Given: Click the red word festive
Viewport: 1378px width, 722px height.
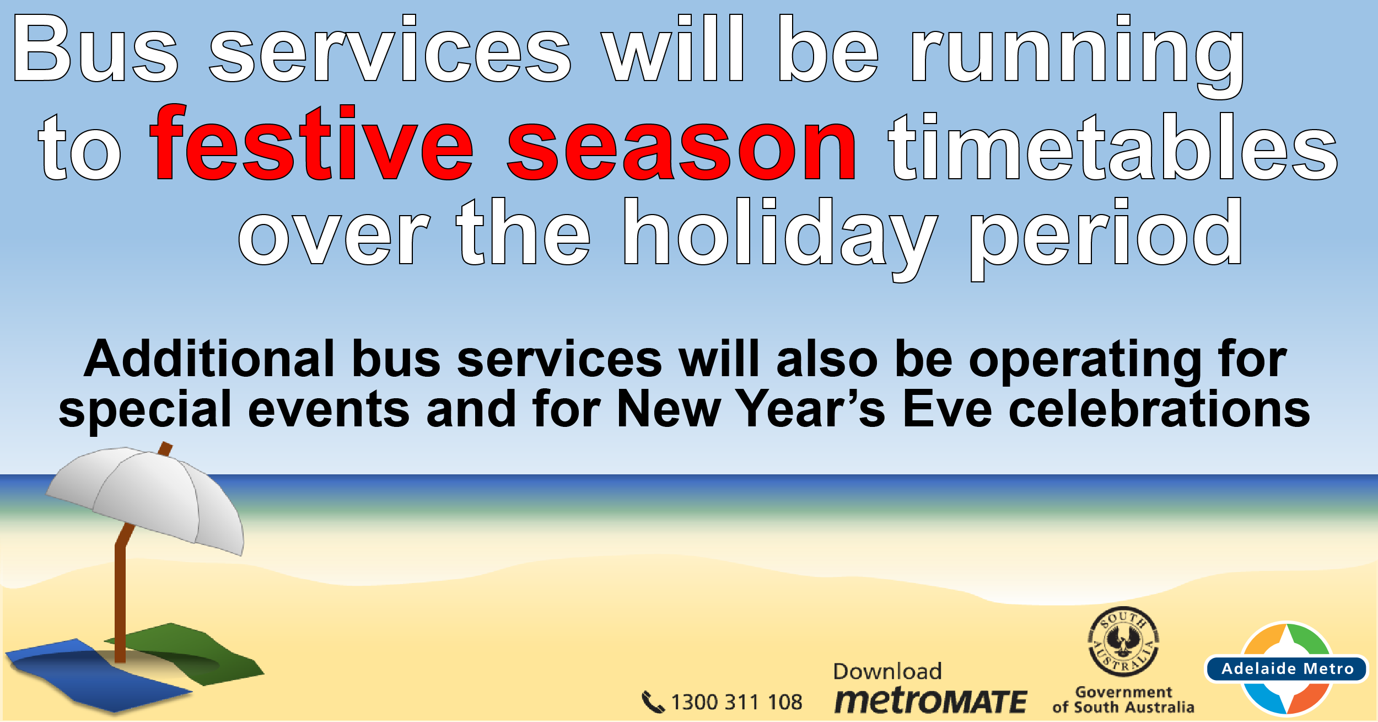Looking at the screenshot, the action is (x=311, y=142).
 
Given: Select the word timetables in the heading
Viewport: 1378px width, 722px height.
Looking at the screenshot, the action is (x=1113, y=146).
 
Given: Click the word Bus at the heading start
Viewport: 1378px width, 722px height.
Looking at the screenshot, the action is (x=96, y=49).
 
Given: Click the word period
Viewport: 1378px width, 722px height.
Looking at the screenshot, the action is (x=1106, y=239).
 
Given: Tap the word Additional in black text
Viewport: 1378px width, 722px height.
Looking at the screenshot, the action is (x=209, y=359).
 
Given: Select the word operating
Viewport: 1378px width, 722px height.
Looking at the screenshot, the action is (x=1085, y=362).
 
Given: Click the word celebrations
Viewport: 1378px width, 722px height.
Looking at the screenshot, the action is (x=1159, y=409).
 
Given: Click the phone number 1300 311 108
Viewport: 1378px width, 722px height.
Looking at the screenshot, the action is (x=736, y=702).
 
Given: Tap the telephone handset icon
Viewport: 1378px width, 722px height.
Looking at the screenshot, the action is (x=653, y=702).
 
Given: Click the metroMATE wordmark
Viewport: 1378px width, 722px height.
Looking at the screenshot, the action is (x=930, y=701).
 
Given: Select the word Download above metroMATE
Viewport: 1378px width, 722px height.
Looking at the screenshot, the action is (x=887, y=671).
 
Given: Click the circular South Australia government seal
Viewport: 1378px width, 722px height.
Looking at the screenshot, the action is (x=1123, y=642).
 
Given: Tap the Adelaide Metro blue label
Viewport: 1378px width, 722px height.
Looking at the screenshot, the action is (x=1287, y=668).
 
